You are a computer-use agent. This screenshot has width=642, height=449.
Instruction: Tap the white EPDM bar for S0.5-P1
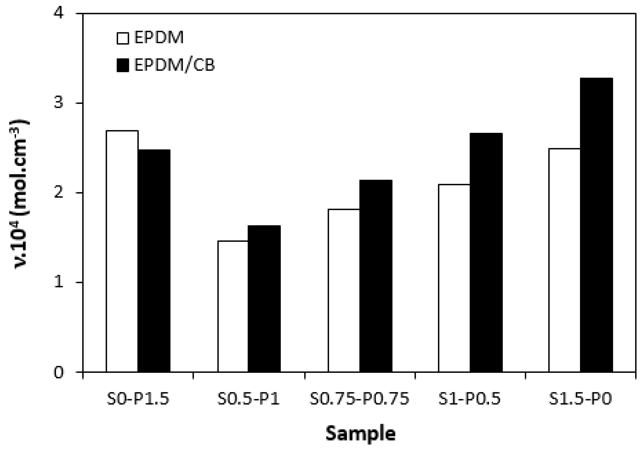(x=233, y=306)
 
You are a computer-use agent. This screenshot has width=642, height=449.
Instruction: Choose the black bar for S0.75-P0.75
(x=375, y=276)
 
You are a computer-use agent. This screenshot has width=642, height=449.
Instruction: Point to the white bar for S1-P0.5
(x=454, y=278)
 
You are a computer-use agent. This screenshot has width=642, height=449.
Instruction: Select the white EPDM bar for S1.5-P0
(x=564, y=260)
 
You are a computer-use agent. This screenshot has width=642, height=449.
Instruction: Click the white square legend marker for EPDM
(x=123, y=38)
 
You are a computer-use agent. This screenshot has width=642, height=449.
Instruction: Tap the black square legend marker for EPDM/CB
(x=123, y=65)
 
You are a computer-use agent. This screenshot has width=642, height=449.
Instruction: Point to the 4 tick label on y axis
(x=58, y=14)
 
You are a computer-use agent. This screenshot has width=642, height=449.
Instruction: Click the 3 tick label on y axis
(x=58, y=103)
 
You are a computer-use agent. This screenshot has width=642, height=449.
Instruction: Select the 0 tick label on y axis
(x=58, y=372)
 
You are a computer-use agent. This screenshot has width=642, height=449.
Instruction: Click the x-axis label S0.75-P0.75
(x=359, y=399)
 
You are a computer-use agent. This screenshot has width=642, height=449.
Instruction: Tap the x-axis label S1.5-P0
(x=581, y=399)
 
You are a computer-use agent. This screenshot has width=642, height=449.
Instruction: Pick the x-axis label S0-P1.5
(x=138, y=399)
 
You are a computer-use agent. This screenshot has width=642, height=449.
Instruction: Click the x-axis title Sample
(x=361, y=433)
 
